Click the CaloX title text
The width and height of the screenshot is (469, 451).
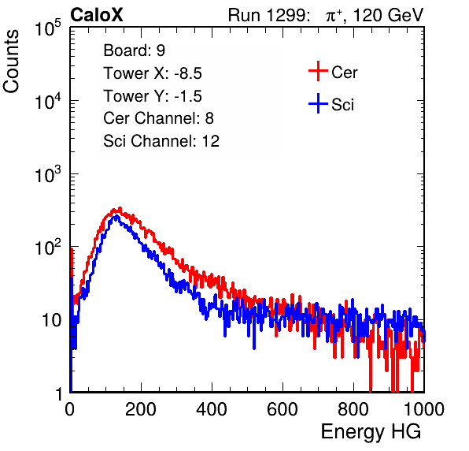97,15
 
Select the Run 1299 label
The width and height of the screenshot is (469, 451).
268,15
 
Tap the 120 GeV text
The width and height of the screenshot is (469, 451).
388,15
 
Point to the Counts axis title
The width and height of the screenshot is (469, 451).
11,61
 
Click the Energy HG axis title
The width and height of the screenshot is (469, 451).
371,432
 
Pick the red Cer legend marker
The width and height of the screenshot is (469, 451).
318,71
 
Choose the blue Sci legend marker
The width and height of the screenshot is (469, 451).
318,103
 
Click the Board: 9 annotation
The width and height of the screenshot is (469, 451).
135,50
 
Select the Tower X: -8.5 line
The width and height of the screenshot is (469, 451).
153,73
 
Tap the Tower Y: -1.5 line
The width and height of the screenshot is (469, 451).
153,96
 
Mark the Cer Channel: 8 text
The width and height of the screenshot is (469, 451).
158,118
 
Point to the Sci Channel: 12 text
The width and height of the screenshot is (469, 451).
161,141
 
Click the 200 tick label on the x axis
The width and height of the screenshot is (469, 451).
141,409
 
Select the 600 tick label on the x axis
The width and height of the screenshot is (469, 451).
283,409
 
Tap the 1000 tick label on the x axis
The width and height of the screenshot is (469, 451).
424,409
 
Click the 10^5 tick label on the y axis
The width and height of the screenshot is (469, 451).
48,28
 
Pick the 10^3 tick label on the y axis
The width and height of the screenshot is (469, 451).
48,173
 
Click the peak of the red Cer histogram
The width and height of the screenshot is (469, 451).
120,208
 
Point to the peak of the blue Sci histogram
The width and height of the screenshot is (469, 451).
116,216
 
